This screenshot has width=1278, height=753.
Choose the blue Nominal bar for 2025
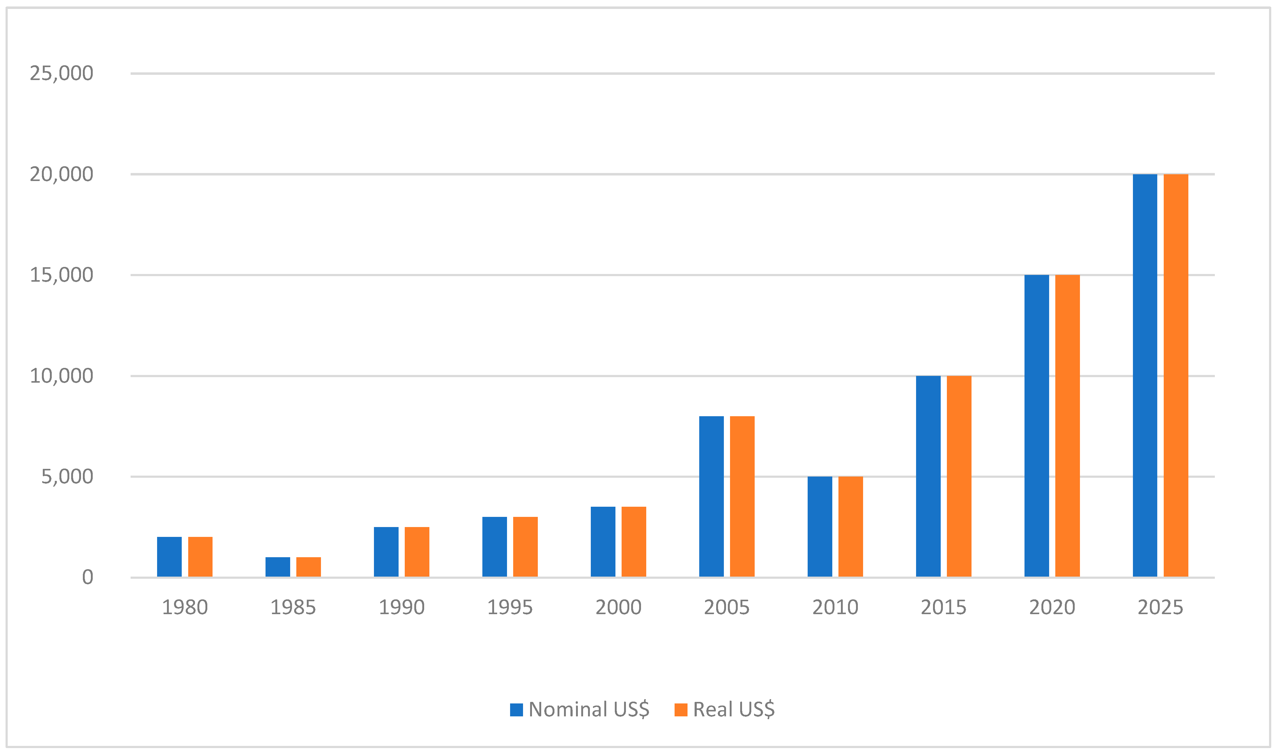(1145, 376)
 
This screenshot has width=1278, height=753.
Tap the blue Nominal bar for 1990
(386, 552)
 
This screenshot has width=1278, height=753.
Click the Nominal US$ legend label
(589, 709)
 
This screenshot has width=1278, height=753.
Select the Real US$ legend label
(734, 709)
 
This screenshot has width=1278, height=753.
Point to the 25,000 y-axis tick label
(61, 74)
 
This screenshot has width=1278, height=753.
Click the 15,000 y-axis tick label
(61, 275)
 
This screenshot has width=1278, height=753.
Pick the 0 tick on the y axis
(87, 578)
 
